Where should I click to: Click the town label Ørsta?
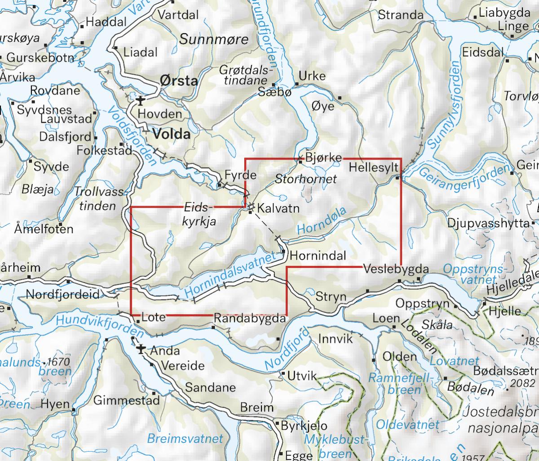click(179, 81)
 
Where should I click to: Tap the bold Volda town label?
click(172, 134)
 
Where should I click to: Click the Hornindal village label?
click(318, 256)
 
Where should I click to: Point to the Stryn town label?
click(331, 297)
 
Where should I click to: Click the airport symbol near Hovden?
click(141, 100)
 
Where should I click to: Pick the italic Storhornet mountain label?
click(306, 178)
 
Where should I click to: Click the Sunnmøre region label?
click(214, 40)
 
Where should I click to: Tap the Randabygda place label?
click(250, 319)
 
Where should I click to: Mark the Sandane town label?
click(204, 387)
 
